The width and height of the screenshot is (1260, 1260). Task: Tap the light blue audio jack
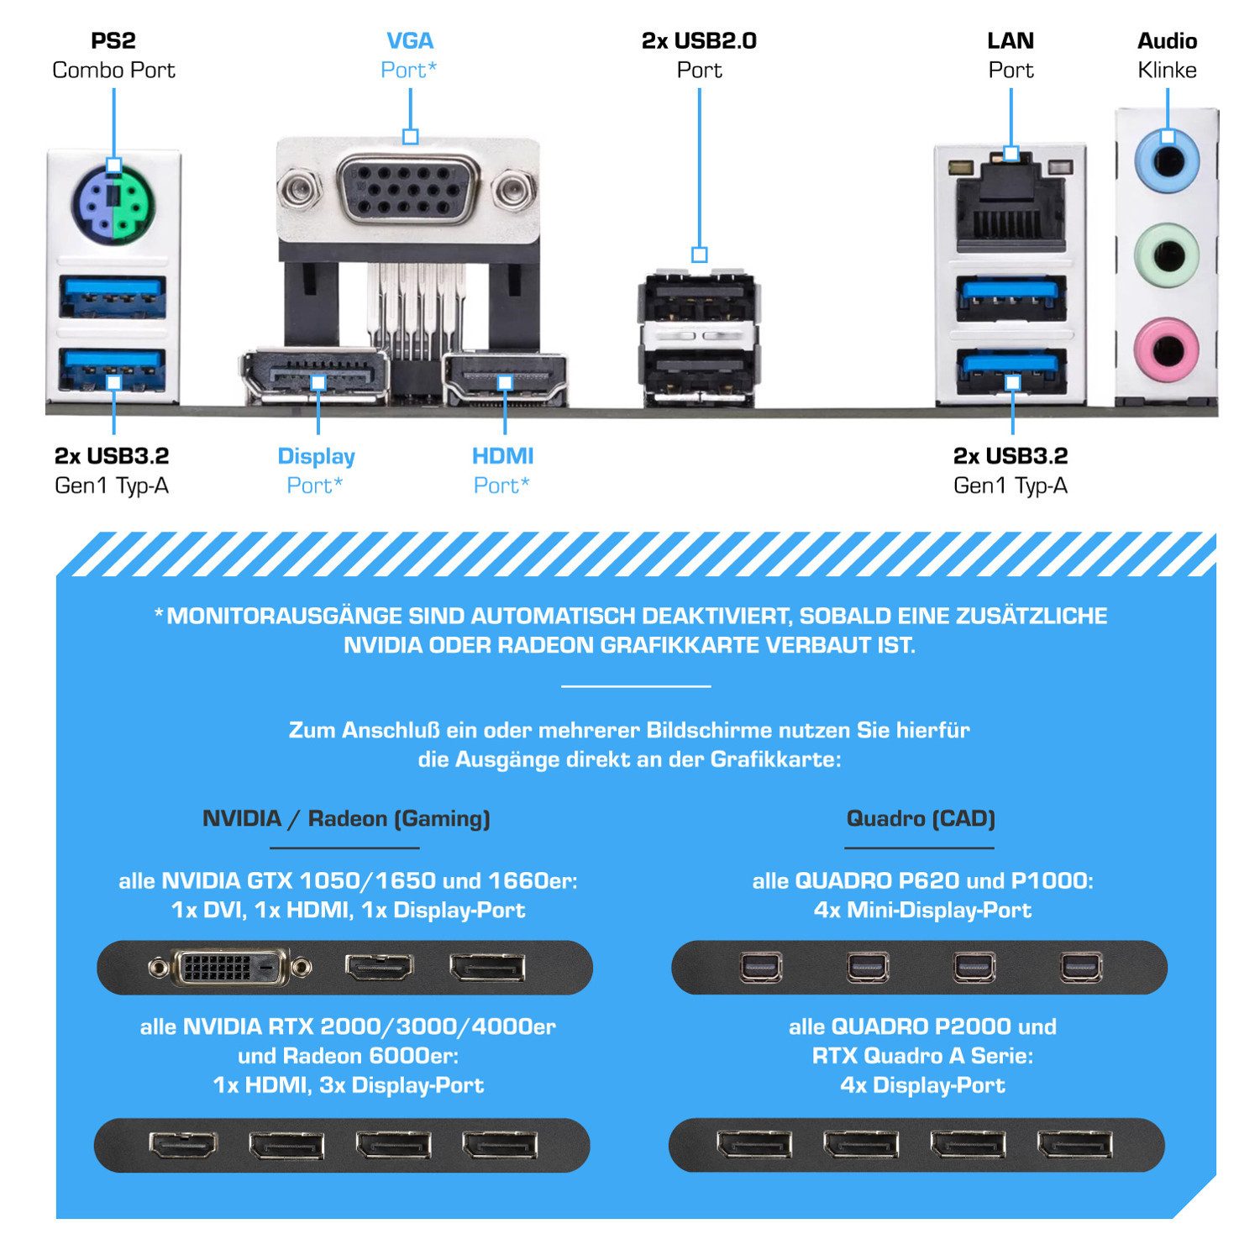(x=1167, y=160)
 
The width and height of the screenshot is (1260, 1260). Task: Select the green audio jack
(x=1167, y=254)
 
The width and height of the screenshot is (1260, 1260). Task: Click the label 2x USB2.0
(x=699, y=41)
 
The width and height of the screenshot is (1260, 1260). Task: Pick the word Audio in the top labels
(x=1167, y=41)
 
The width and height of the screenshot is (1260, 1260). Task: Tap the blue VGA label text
(x=409, y=41)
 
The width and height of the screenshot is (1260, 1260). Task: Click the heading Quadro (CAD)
(x=921, y=818)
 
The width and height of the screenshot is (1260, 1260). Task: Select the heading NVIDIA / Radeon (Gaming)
(x=346, y=818)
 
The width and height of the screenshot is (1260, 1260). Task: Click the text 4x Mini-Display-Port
(x=922, y=910)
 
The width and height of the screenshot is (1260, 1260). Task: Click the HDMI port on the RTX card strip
(x=182, y=1145)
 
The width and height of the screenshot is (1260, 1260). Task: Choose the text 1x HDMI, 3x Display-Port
(x=349, y=1085)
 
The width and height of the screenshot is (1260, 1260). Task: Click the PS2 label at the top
(x=113, y=41)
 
